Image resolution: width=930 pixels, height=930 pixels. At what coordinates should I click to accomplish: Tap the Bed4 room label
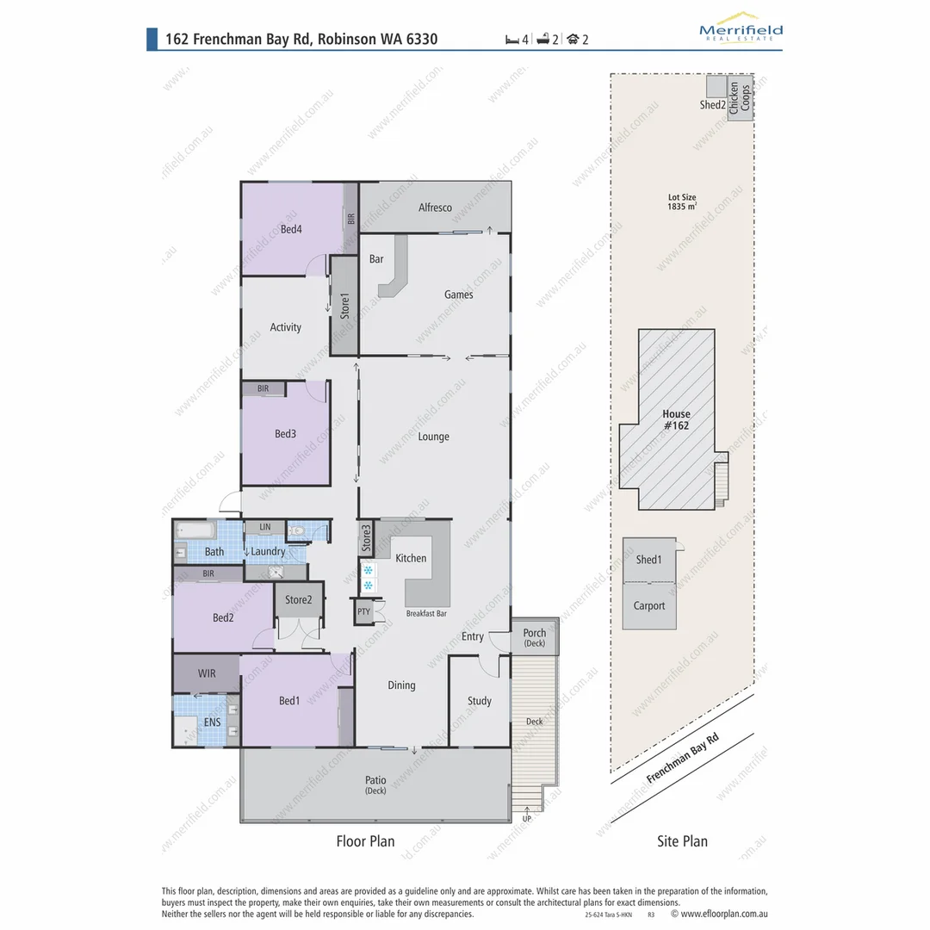click(x=291, y=229)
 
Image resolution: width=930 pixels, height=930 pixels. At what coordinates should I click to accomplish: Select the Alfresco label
click(x=435, y=208)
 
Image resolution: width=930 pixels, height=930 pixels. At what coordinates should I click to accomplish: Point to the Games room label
click(x=458, y=294)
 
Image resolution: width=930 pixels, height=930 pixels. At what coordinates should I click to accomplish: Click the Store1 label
click(x=344, y=306)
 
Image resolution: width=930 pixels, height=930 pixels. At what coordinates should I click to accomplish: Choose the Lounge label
click(x=433, y=437)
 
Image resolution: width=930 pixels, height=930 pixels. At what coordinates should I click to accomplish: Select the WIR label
click(x=207, y=673)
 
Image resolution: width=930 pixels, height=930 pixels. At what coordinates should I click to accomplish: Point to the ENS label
click(x=212, y=722)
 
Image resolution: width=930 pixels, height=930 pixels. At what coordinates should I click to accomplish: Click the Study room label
click(x=480, y=701)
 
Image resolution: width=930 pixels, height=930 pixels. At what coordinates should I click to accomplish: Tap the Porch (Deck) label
click(x=534, y=638)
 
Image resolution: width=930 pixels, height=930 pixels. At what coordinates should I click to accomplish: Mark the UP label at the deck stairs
click(x=527, y=818)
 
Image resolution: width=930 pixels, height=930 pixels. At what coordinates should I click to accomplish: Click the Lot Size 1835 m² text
click(x=681, y=202)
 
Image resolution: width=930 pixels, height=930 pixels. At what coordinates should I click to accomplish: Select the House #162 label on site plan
click(x=676, y=419)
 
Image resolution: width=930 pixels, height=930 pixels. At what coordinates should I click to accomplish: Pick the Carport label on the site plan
click(x=649, y=605)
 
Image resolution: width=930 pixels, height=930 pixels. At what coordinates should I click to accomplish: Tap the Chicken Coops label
click(x=740, y=97)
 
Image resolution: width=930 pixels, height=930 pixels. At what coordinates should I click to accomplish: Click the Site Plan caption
click(x=682, y=841)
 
